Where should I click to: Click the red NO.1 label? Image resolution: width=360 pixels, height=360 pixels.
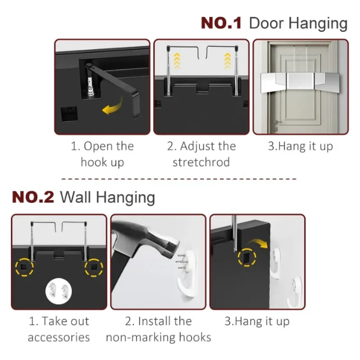[x=221, y=23]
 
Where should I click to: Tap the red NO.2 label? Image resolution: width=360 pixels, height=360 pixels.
[x=33, y=197]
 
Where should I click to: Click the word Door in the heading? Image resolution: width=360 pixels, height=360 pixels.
[x=266, y=23]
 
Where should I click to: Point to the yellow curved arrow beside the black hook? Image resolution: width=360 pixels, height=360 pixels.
[x=113, y=107]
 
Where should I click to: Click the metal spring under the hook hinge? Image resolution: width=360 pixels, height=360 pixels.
[x=90, y=86]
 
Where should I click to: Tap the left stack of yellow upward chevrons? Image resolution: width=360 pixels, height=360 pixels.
[x=176, y=61]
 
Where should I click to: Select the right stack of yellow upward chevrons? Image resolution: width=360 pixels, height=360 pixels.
[x=227, y=61]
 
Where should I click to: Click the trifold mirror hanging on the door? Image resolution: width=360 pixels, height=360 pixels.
[x=301, y=82]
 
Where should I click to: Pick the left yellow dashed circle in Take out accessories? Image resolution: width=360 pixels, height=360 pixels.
[x=25, y=267]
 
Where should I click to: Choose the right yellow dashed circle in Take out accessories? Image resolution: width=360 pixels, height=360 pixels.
[x=94, y=267]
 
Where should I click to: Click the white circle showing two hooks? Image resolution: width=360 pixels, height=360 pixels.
[x=59, y=291]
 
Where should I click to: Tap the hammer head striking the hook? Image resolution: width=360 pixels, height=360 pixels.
[x=156, y=244]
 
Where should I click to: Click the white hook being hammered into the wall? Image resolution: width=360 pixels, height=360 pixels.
[x=187, y=274]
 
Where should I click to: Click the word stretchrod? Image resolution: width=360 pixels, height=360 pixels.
[x=201, y=162]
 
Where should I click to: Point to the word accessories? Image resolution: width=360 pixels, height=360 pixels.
[x=59, y=337]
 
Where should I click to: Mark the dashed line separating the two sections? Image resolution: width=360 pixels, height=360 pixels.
[x=179, y=179]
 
